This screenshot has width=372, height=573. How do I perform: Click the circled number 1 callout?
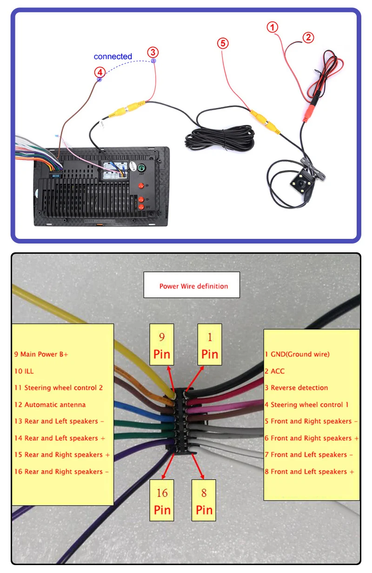click(273, 27)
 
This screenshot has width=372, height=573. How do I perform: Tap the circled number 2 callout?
click(308, 38)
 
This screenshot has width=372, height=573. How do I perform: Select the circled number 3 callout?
click(153, 52)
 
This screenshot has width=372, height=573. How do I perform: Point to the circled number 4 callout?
click(99, 72)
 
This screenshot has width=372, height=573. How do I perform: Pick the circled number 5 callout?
click(223, 43)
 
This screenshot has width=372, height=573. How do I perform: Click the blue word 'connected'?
click(113, 57)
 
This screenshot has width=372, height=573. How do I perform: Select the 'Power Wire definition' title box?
click(192, 285)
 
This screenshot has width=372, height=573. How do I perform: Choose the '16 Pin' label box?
click(162, 500)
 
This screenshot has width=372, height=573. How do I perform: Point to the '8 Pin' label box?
click(204, 500)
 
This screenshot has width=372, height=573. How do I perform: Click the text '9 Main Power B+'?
click(41, 354)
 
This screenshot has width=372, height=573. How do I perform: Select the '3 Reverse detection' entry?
click(296, 388)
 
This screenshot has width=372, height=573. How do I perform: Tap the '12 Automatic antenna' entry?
click(50, 404)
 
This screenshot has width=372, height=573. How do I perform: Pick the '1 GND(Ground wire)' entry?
click(297, 354)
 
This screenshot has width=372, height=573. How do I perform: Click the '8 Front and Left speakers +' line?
click(309, 471)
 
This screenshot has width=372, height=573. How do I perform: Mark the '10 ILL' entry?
click(24, 371)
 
